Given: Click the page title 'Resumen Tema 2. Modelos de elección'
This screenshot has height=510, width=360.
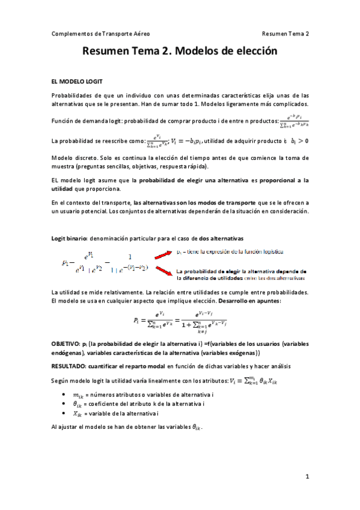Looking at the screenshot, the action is click(x=180, y=52).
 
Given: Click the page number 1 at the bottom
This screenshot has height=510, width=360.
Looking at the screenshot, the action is click(x=307, y=477).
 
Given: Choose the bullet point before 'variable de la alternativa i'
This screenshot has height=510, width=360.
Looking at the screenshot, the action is click(x=64, y=415).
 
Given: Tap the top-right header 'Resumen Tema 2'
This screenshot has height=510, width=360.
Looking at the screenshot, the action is click(x=285, y=34).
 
